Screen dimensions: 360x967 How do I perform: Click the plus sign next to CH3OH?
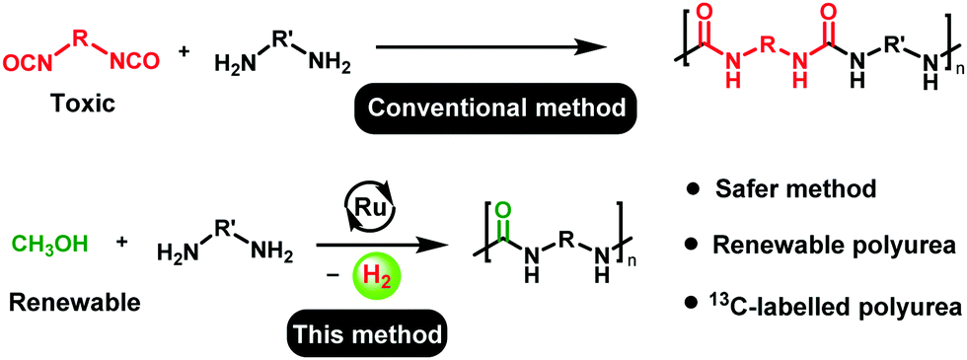pyautogui.click(x=122, y=242)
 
